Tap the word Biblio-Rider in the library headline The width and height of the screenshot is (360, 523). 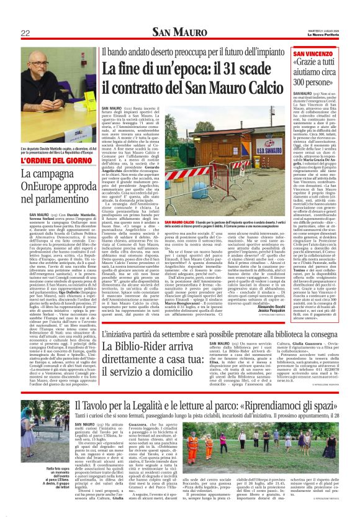click(137, 342)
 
